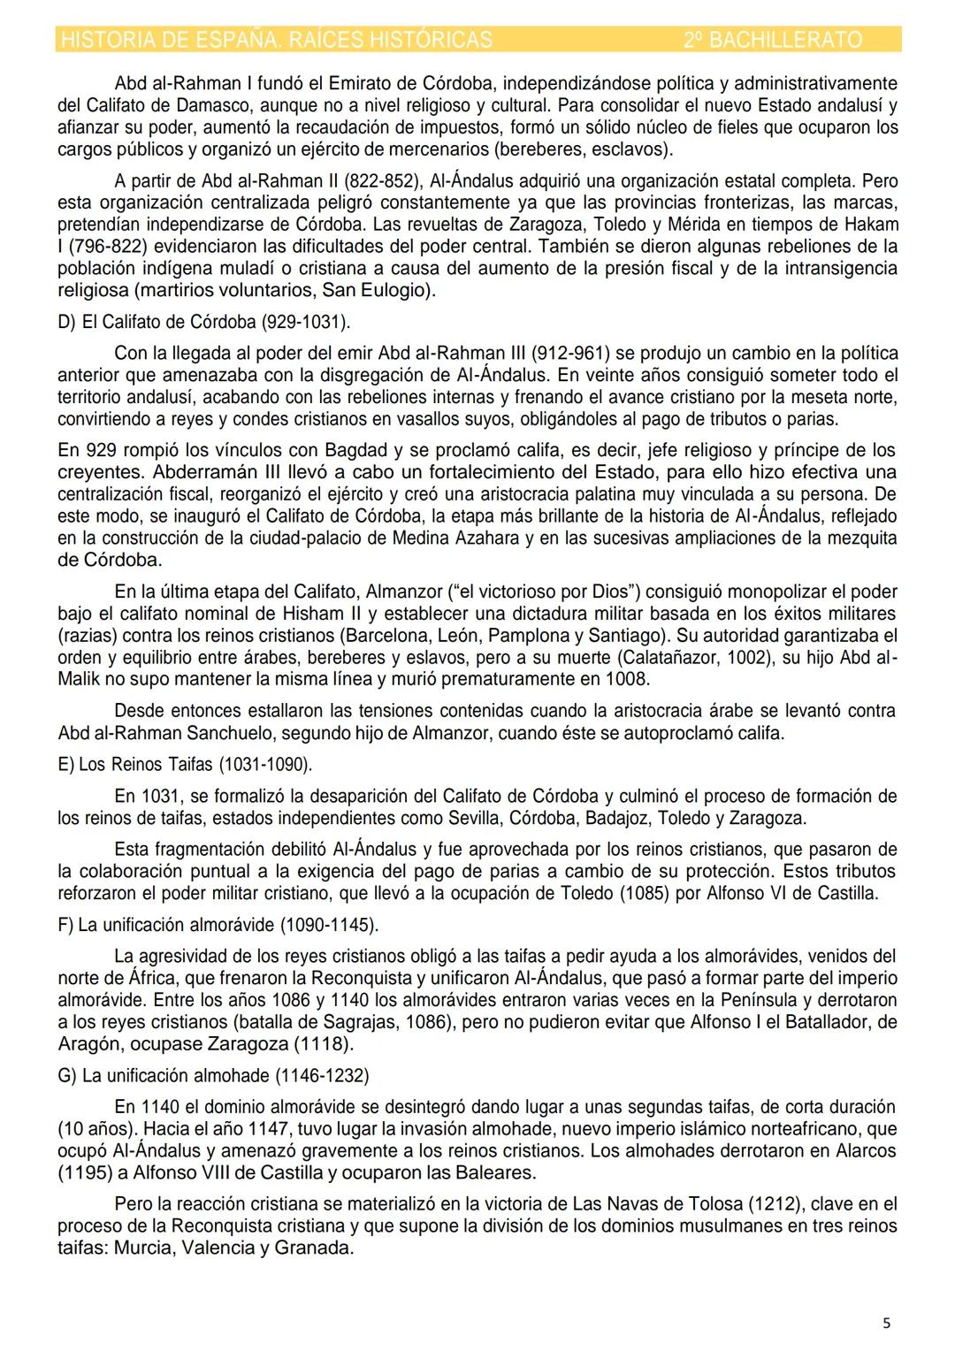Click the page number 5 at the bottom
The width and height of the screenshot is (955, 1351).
(x=886, y=1324)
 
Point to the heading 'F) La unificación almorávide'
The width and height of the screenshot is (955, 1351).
(x=218, y=926)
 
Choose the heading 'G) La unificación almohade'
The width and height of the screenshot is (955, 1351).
(x=213, y=1076)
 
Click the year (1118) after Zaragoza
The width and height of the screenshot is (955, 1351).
(x=325, y=1044)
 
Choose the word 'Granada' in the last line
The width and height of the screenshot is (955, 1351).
(x=314, y=1248)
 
